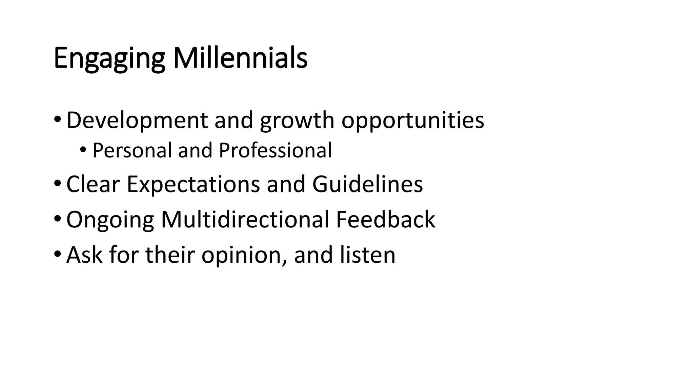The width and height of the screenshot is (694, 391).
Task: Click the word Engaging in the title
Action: pos(109,58)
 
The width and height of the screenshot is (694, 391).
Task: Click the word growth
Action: pos(297,121)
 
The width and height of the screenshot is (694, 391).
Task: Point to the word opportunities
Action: pos(412,121)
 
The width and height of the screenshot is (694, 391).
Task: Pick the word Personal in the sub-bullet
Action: pos(132,150)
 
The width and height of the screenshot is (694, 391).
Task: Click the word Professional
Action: pos(275,150)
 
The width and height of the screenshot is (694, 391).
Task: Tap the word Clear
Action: pos(93,184)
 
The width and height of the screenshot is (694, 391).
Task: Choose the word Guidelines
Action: pos(367,184)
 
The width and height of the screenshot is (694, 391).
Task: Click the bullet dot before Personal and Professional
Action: pos(83,149)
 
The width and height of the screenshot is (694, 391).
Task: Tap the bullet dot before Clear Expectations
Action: pos(57,183)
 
